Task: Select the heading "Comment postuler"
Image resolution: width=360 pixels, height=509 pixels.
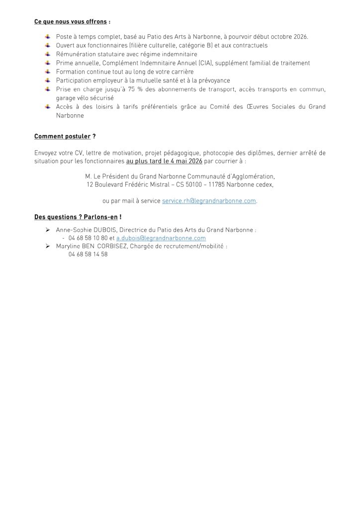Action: click(63, 136)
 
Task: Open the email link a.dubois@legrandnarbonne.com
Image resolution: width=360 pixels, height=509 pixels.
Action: click(161, 238)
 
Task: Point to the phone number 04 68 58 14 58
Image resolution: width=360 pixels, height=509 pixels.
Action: click(89, 254)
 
